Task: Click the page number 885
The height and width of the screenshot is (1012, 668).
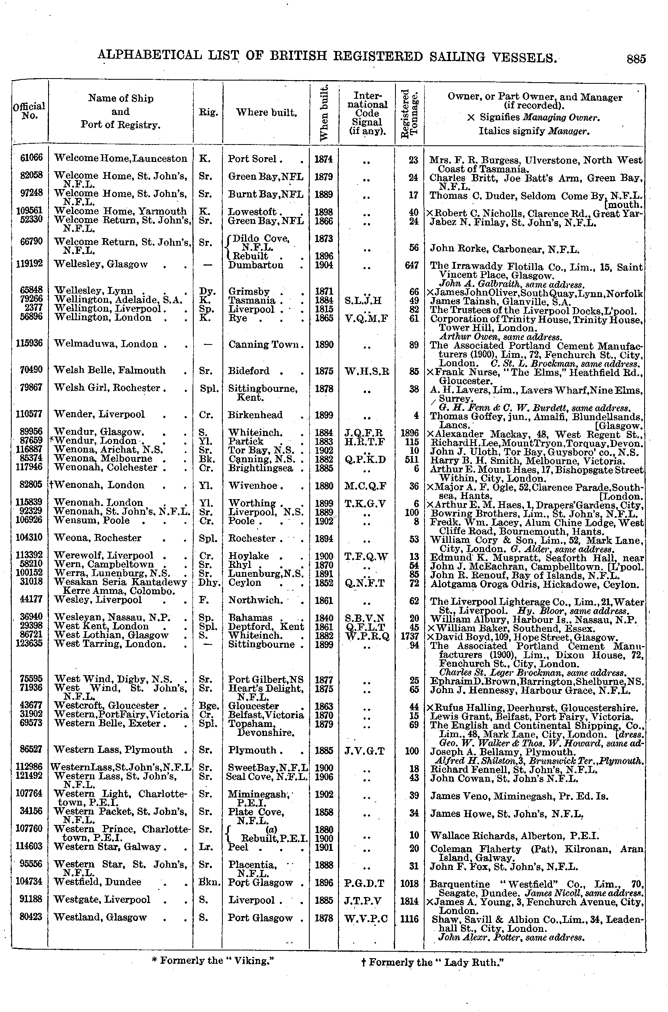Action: (636, 59)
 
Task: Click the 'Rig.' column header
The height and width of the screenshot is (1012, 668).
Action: (208, 112)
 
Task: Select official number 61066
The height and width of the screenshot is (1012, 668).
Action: (32, 158)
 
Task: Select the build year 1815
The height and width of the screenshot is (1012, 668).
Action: (324, 309)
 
